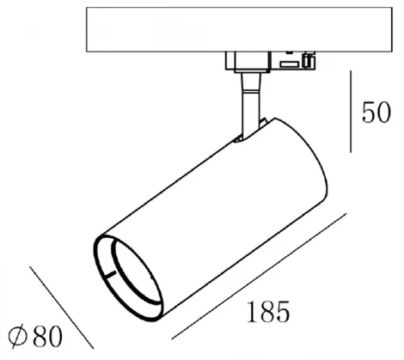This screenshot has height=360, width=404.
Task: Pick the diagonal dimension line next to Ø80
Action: coord(60,300)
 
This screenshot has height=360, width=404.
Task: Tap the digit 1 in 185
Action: coord(252,308)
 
